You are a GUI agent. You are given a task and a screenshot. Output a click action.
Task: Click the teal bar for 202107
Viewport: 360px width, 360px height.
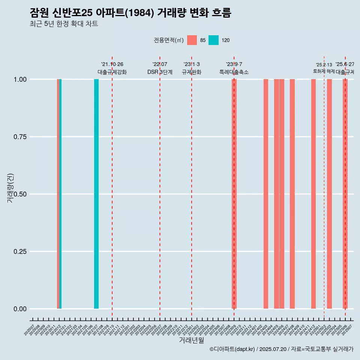[x=96, y=194]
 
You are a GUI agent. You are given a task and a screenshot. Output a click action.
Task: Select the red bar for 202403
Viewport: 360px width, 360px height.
[x=265, y=194]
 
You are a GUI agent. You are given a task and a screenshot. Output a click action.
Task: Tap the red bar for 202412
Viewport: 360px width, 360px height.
[x=313, y=194]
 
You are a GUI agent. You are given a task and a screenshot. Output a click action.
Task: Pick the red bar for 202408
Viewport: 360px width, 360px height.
[x=292, y=194]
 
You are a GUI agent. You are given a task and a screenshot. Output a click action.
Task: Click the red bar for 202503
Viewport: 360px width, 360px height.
[x=329, y=194]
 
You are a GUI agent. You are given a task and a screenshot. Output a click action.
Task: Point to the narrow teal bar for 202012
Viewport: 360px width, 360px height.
[x=60, y=194]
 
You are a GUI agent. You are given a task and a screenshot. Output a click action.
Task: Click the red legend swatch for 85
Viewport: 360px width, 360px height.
[x=192, y=40]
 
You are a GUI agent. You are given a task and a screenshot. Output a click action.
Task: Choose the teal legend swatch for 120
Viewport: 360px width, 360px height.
[x=213, y=40]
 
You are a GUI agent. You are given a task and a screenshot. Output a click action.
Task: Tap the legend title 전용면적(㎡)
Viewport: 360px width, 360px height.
[x=169, y=40]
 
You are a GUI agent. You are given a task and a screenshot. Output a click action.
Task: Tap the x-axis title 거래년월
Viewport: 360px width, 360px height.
[x=192, y=340]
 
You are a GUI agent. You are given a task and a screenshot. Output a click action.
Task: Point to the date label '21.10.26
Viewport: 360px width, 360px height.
[x=112, y=64]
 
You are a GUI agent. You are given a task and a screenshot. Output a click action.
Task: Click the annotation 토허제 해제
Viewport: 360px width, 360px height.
[x=324, y=71]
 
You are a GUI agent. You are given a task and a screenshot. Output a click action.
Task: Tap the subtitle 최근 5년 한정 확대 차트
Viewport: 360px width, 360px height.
[x=64, y=24]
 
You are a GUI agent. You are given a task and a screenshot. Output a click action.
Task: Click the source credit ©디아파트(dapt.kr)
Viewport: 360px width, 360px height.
[x=232, y=349]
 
